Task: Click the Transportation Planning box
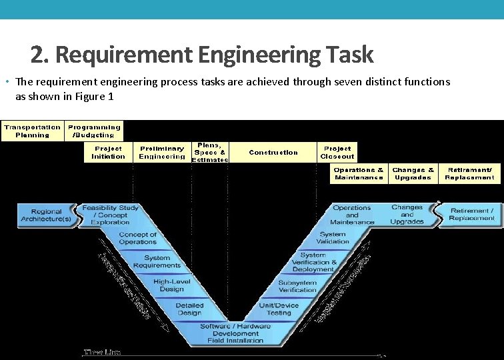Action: click(33, 131)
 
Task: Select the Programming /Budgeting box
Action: click(95, 131)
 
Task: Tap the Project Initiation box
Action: click(109, 153)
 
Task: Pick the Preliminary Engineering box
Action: click(162, 153)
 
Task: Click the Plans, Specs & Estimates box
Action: click(210, 151)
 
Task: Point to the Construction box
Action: click(273, 153)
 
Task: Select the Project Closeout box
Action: click(338, 153)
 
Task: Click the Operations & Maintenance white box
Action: click(359, 174)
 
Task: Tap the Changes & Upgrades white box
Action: click(413, 174)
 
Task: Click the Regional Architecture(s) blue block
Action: click(46, 215)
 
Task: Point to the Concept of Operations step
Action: click(138, 238)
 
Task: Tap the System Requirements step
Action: click(157, 261)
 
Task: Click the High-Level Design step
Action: click(172, 285)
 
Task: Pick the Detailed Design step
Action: click(189, 309)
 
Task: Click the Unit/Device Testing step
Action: click(279, 309)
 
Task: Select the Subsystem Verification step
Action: click(297, 286)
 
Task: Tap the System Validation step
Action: click(333, 238)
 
